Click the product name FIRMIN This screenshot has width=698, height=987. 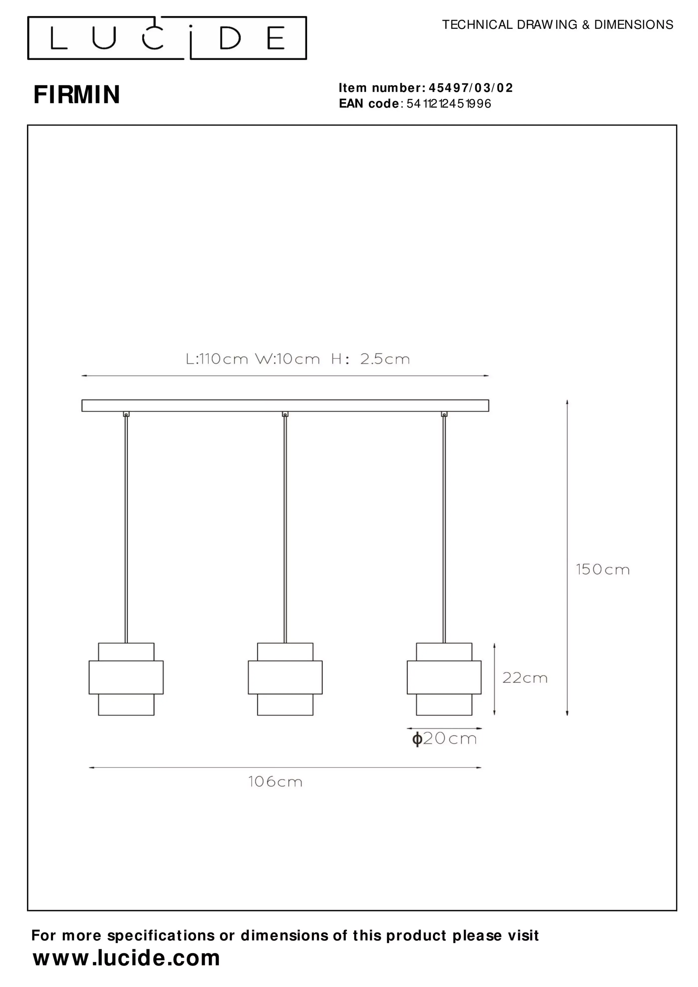(77, 94)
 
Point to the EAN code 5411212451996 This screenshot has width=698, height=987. (448, 104)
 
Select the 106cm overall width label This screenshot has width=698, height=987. (275, 782)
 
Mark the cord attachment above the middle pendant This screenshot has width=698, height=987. (285, 414)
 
